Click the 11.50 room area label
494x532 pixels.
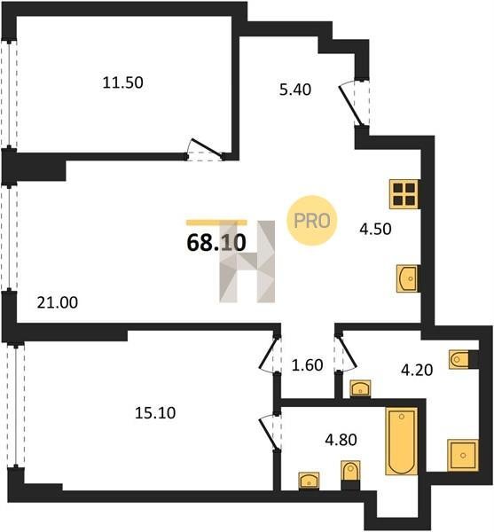click(x=122, y=82)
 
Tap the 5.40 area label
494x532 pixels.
click(x=295, y=90)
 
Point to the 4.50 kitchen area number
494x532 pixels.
click(x=375, y=229)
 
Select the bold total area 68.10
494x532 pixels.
click(x=216, y=243)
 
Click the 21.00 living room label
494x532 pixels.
click(x=58, y=302)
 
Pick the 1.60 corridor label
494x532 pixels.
click(x=308, y=365)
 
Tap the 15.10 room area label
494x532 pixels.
click(x=155, y=413)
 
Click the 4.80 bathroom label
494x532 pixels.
click(x=341, y=440)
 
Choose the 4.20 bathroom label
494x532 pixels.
click(x=417, y=370)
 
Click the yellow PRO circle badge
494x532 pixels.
click(x=312, y=221)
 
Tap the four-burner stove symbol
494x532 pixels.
click(x=404, y=193)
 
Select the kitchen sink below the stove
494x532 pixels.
click(x=407, y=278)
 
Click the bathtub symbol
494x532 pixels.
click(x=402, y=441)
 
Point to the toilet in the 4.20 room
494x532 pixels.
click(x=463, y=359)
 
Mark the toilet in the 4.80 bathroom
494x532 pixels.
click(x=350, y=474)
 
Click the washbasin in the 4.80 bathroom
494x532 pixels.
click(x=309, y=481)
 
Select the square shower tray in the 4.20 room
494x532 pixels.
click(x=463, y=455)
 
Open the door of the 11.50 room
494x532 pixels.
click(x=206, y=150)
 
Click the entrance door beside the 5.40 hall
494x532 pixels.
click(x=354, y=104)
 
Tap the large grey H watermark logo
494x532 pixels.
click(x=247, y=262)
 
